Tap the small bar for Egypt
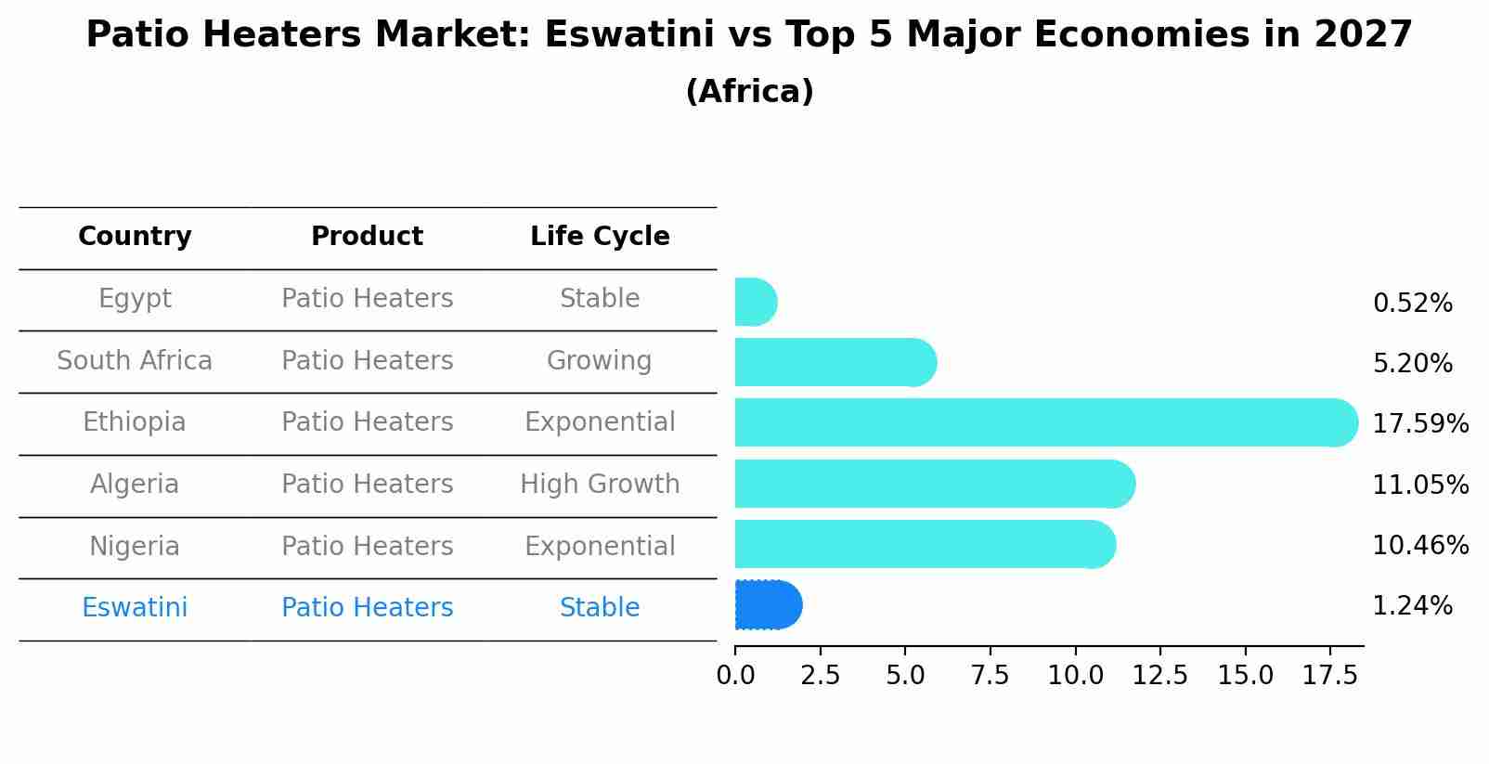755,302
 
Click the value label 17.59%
1419,424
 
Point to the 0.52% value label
1412,304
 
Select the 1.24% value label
1412,606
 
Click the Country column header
135,237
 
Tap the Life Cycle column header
600,237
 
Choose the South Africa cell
135,360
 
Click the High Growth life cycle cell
600,484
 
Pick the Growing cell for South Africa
600,360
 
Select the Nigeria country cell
135,546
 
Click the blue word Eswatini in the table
135,608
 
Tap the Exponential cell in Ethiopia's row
600,422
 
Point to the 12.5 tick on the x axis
1159,676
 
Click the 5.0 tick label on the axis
905,676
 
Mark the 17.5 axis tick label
1329,676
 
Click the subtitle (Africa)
749,92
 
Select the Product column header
367,237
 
